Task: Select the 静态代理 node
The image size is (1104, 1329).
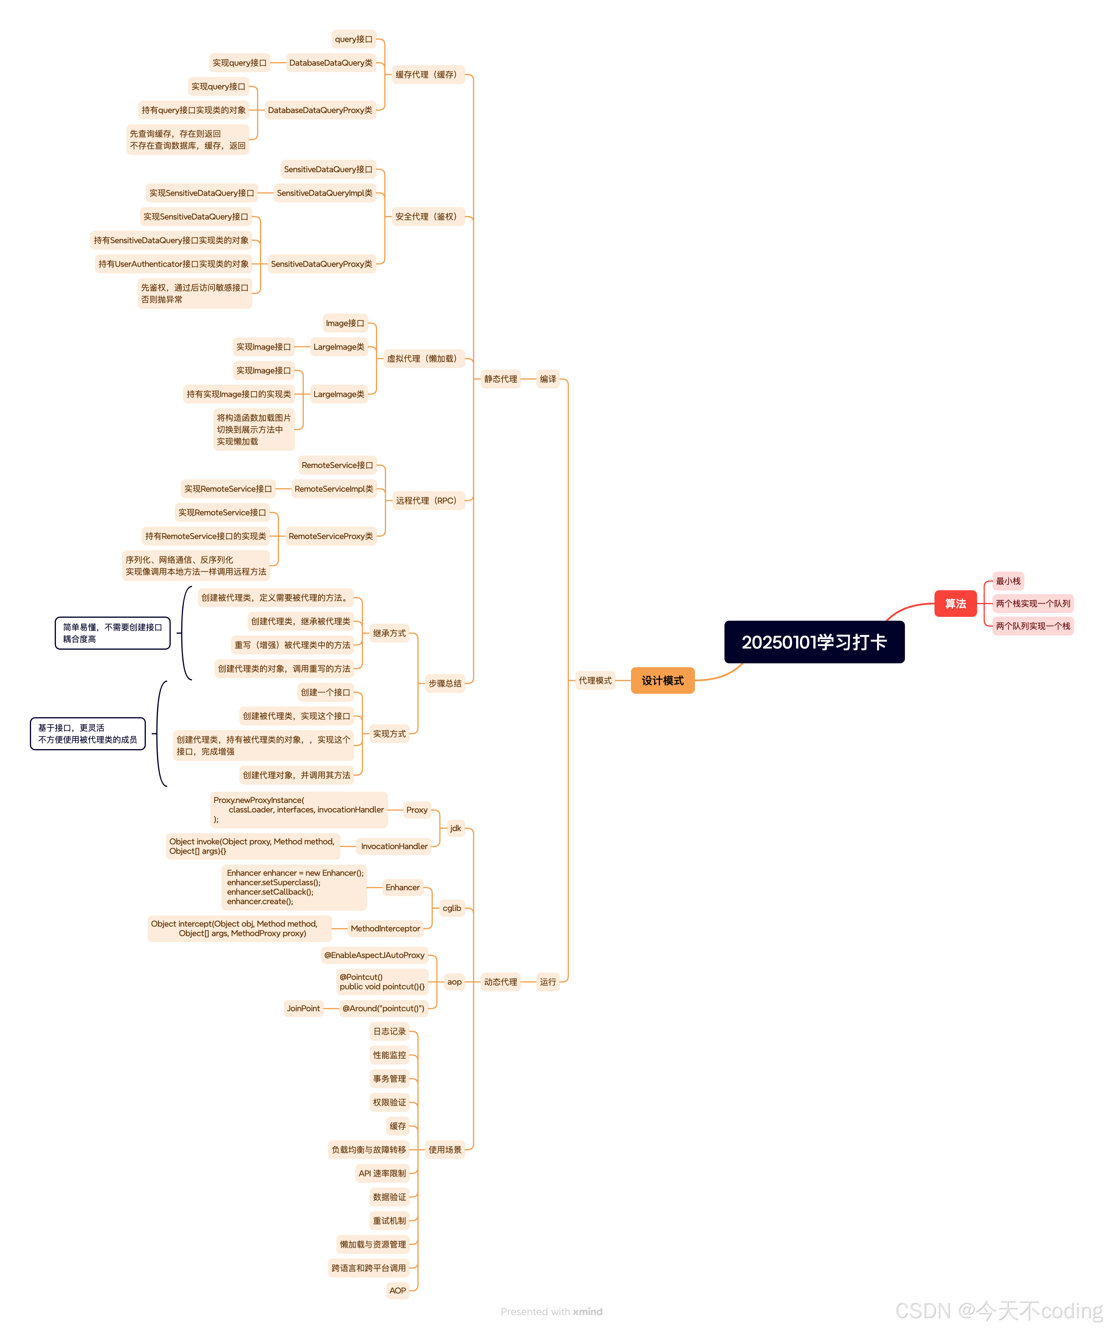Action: click(501, 379)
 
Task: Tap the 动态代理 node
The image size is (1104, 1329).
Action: click(501, 982)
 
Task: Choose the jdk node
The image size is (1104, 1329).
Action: click(456, 828)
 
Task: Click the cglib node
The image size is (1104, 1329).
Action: click(452, 908)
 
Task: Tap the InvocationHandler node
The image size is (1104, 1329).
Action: click(394, 846)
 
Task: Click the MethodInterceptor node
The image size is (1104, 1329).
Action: click(385, 928)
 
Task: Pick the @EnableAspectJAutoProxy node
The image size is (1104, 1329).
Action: click(375, 955)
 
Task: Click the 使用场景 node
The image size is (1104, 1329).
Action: click(445, 1150)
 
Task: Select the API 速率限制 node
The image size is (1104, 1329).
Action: click(382, 1173)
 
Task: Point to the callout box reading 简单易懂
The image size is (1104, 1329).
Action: click(113, 633)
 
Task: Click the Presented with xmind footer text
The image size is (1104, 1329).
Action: click(551, 1311)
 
